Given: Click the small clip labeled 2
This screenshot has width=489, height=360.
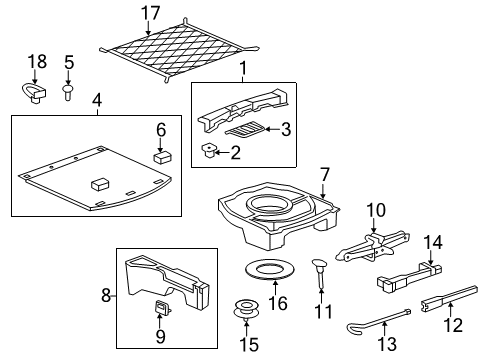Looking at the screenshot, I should tap(209, 151).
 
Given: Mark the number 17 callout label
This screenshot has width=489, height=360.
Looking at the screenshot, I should tap(150, 13).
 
